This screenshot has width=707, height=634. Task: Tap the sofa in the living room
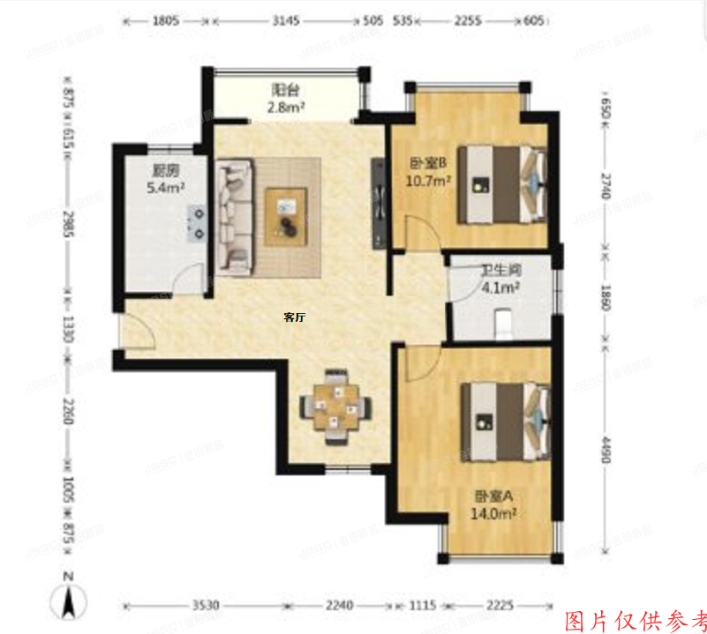[x=234, y=212]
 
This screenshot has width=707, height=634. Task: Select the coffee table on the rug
[x=288, y=213]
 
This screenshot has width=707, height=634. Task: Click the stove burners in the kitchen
[x=197, y=223]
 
